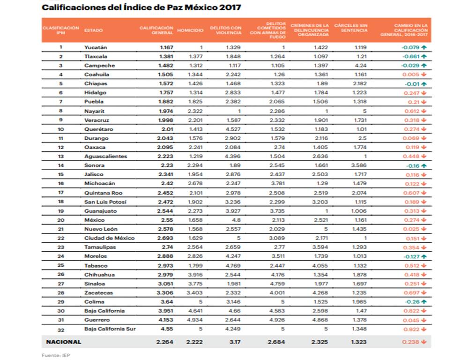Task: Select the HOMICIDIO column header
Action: click(190, 30)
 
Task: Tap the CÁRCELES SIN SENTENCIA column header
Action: click(351, 28)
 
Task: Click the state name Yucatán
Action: click(96, 47)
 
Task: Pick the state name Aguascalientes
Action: click(105, 156)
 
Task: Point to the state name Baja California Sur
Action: click(110, 329)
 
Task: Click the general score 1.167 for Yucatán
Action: click(167, 47)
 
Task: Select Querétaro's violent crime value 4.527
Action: click(233, 129)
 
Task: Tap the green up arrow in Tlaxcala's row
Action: click(424, 56)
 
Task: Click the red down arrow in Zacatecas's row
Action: click(423, 293)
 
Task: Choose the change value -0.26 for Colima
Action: click(412, 302)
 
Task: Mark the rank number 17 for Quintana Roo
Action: click(61, 193)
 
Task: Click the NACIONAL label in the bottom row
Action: click(63, 342)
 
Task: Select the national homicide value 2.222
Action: click(194, 342)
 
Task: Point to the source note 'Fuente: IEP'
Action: click(56, 355)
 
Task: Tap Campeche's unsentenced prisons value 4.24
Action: click(361, 66)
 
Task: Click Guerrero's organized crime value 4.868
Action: click(320, 320)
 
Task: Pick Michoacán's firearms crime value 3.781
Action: click(277, 184)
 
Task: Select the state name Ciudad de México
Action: click(110, 238)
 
